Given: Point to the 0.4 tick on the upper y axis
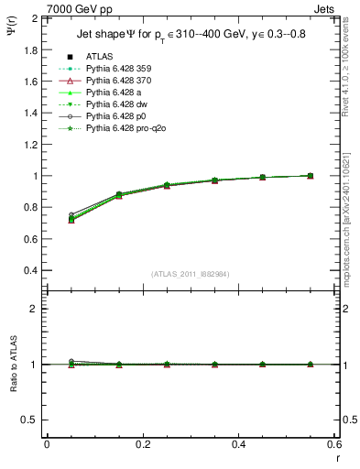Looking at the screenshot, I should [x=29, y=271].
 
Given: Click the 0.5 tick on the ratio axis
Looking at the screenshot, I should [x=29, y=420].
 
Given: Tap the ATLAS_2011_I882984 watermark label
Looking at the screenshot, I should [x=190, y=274].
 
